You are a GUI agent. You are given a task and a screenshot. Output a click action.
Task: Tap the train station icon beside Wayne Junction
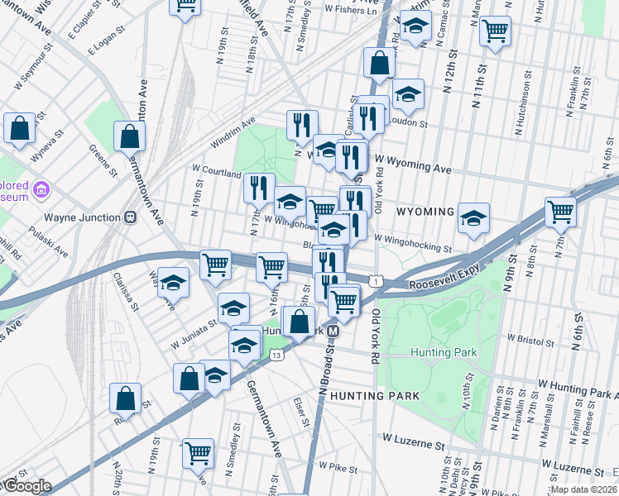click(x=130, y=217)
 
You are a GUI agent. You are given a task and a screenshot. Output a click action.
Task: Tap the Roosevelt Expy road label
click(x=444, y=283)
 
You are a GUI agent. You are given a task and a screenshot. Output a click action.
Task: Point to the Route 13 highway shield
click(x=276, y=355)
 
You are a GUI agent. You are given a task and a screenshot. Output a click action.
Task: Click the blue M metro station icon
click(x=333, y=331)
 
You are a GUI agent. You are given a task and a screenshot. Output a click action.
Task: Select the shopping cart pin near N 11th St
click(x=495, y=31)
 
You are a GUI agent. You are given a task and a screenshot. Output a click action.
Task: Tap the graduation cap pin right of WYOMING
click(x=473, y=217)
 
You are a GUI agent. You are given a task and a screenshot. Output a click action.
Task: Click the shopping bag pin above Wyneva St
click(x=19, y=128)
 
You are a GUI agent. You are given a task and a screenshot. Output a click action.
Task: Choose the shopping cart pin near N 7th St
click(x=560, y=211)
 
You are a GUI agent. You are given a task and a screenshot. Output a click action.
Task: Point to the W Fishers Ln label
click(x=350, y=11)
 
